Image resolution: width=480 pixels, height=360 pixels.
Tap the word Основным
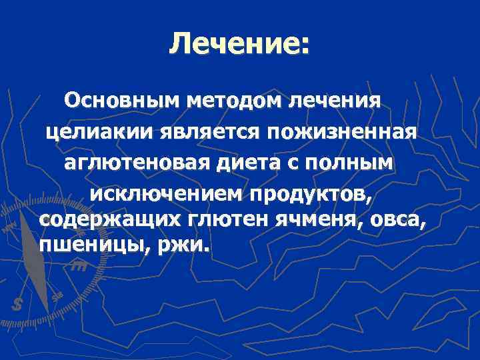pos(123,101)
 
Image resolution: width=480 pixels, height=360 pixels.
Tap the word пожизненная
pos(343,132)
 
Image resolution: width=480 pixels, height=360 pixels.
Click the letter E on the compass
pos(97,265)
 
